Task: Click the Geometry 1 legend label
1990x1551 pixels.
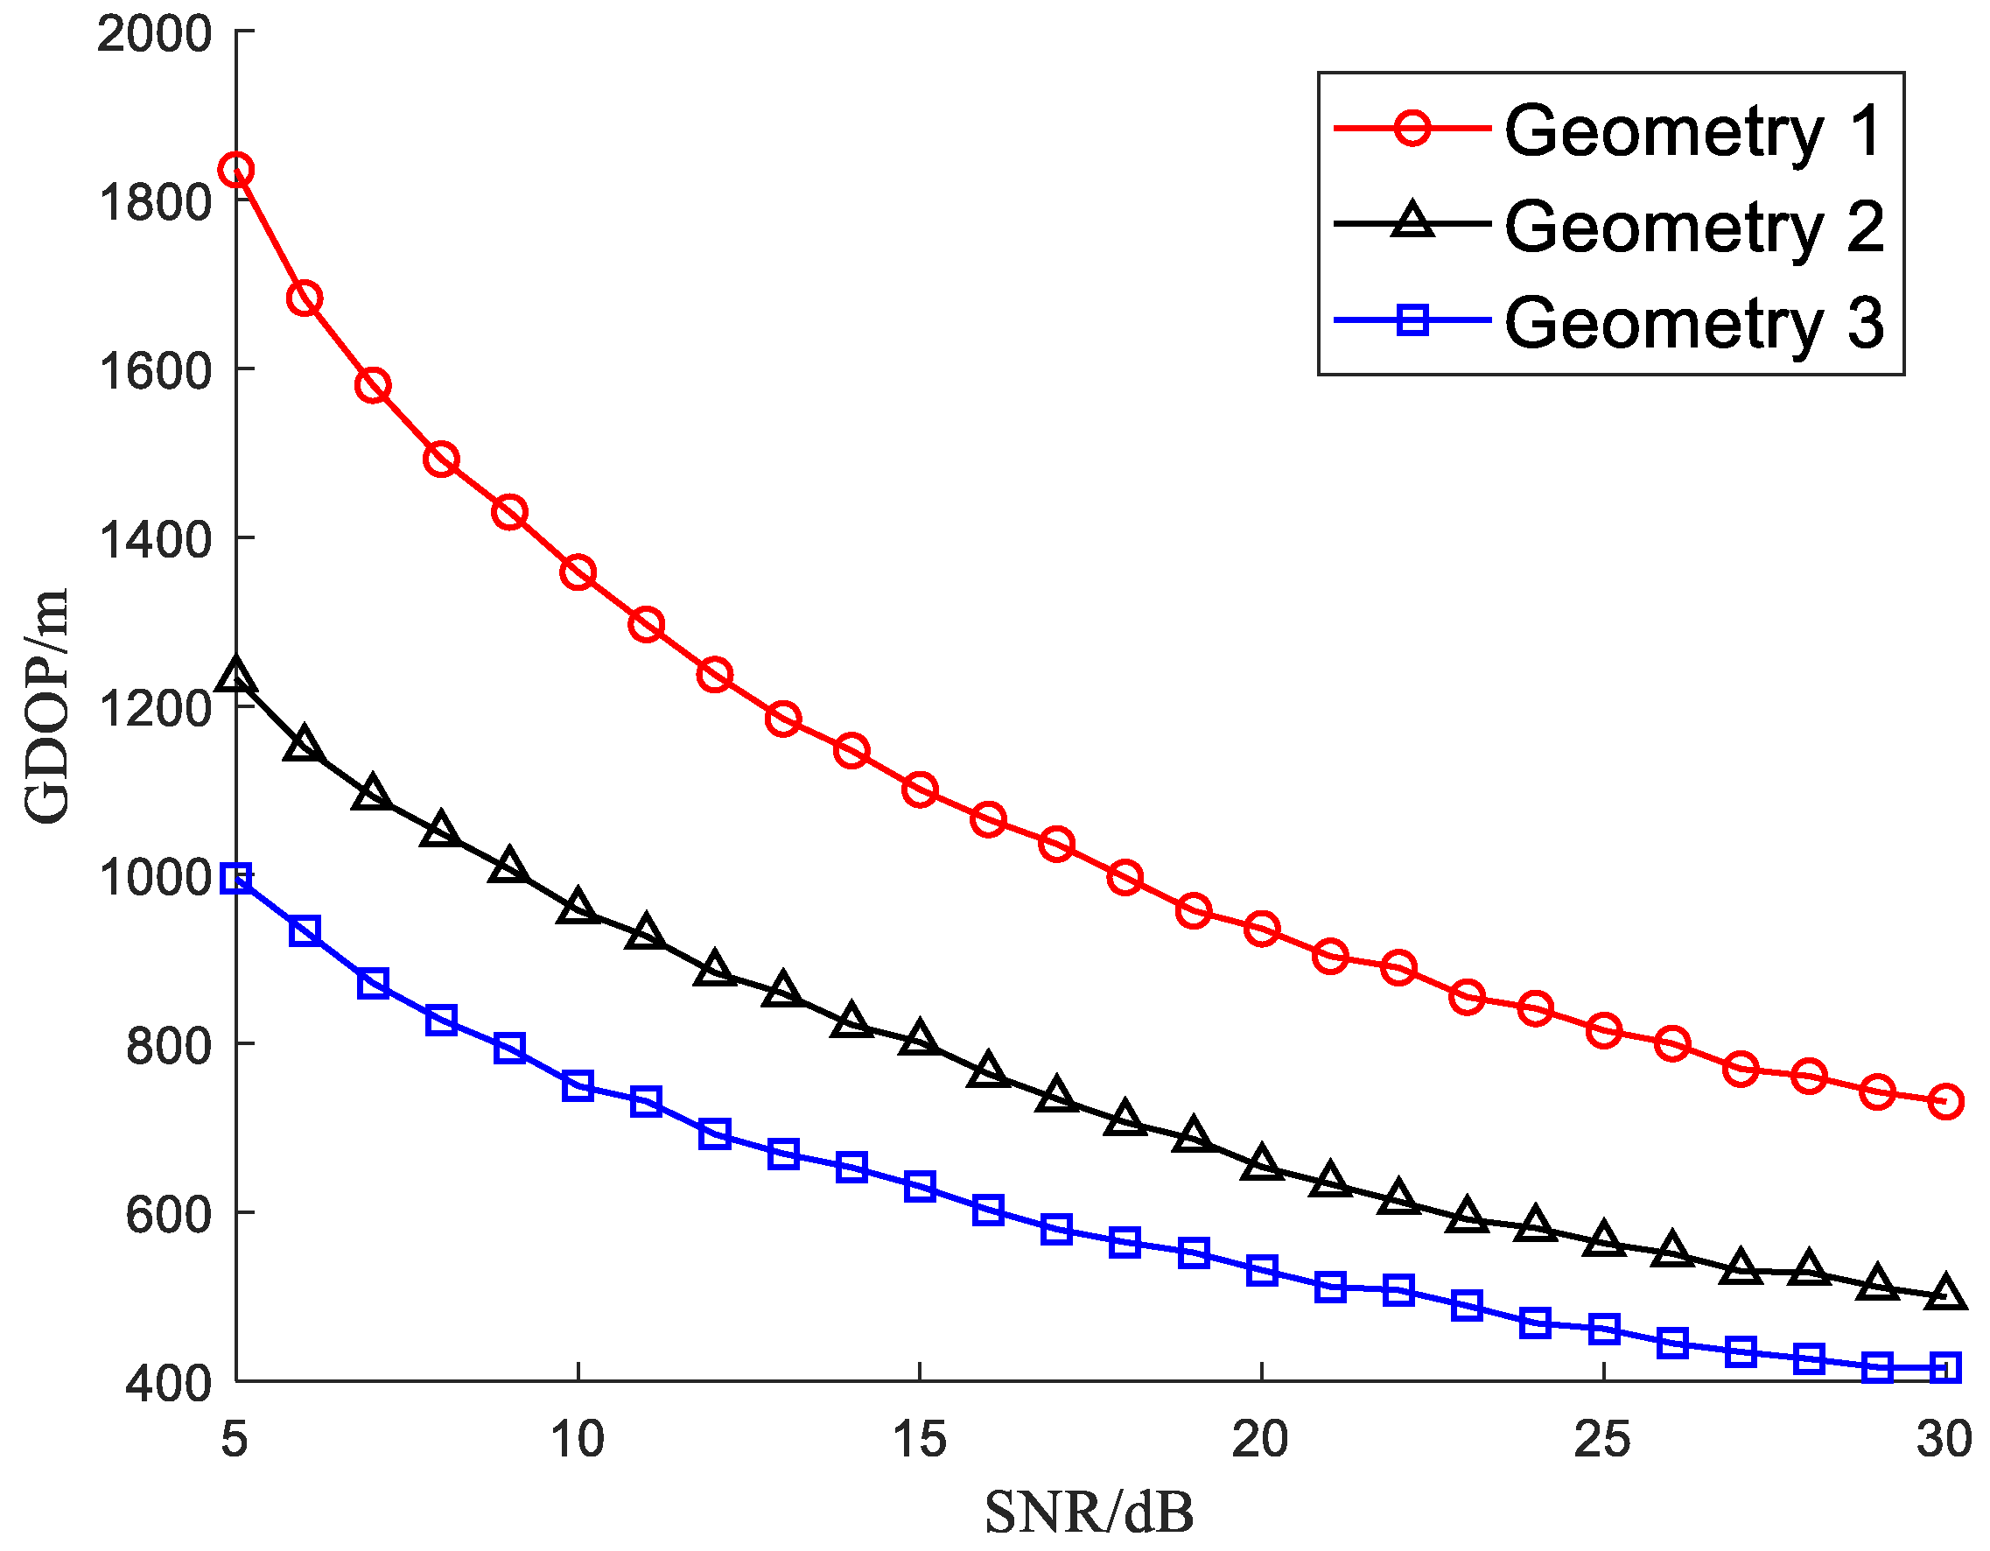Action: pyautogui.click(x=1693, y=130)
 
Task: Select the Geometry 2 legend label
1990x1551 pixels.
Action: pyautogui.click(x=1693, y=226)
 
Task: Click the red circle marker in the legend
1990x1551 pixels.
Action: pyautogui.click(x=1412, y=128)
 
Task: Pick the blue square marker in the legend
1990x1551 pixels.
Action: pyautogui.click(x=1412, y=319)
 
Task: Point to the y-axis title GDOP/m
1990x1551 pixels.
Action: pyautogui.click(x=46, y=706)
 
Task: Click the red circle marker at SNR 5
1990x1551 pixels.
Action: pyautogui.click(x=236, y=170)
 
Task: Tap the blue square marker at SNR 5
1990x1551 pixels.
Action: pyautogui.click(x=236, y=880)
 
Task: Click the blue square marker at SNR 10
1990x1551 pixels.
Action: pyautogui.click(x=578, y=1085)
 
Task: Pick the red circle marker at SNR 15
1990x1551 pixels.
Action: pyautogui.click(x=920, y=790)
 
